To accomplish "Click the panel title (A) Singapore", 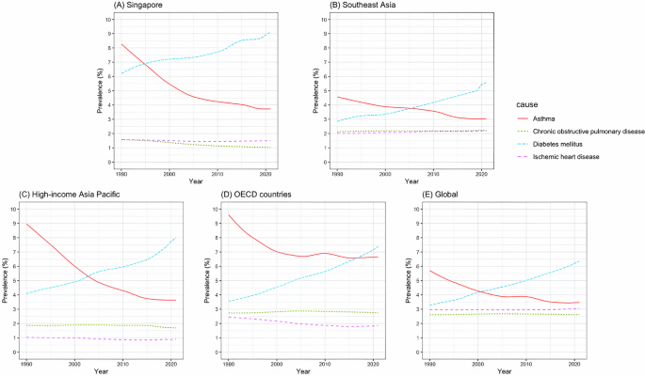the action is tap(137, 6).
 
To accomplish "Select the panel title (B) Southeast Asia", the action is tap(363, 6).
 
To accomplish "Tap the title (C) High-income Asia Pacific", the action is tap(70, 195).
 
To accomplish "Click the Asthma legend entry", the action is tap(544, 118).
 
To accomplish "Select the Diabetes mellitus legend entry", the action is tap(557, 144).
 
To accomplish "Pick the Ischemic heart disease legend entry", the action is tap(566, 157).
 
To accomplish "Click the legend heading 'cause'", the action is tap(527, 104).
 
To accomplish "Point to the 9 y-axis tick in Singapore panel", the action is tap(109, 34).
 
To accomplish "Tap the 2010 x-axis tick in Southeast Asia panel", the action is tap(433, 174).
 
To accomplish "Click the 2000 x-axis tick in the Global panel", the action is tap(477, 364).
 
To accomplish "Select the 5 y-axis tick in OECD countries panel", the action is tap(215, 281).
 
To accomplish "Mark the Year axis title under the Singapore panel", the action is tap(196, 181).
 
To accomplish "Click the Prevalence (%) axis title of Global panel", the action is tap(409, 281).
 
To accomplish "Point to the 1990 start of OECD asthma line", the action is tap(228, 214).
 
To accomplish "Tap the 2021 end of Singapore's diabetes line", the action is tap(270, 32).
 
